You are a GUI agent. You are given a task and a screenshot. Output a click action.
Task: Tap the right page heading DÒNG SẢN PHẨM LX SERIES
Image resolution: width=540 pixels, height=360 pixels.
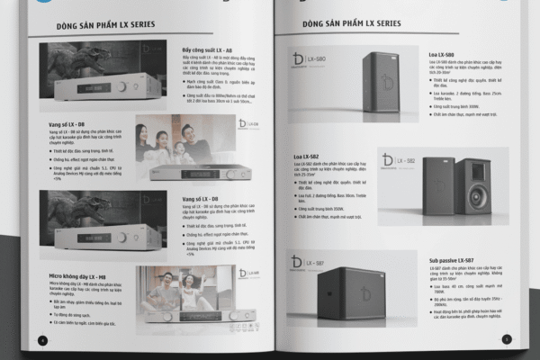pos(352,22)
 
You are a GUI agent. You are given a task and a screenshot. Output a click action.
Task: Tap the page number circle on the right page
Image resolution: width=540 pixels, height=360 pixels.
pos(506,339)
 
